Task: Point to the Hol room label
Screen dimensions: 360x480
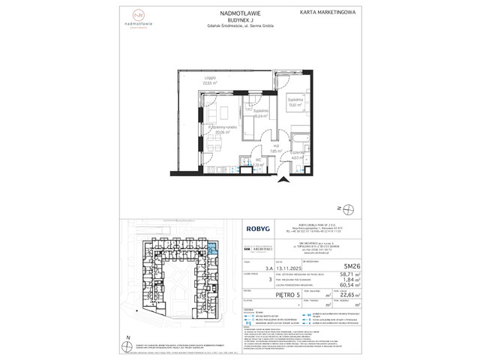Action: tap(253, 148)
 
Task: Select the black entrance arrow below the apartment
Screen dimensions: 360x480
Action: tap(281, 179)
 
